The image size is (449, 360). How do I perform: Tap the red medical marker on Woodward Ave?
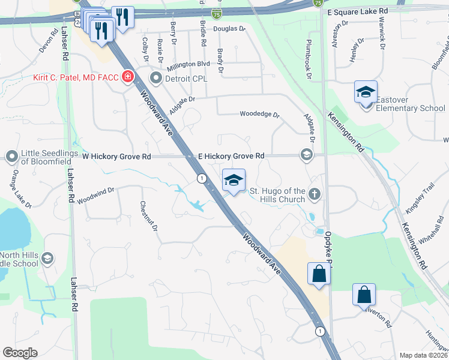127,77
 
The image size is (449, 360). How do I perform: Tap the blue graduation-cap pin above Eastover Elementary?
366,92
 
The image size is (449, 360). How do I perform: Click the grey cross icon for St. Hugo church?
314,194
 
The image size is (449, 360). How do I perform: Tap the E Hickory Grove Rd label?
231,156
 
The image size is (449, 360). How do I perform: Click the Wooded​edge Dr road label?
259,114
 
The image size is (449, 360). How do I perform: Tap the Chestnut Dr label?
148,215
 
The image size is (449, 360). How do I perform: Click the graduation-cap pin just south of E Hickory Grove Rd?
234,180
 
